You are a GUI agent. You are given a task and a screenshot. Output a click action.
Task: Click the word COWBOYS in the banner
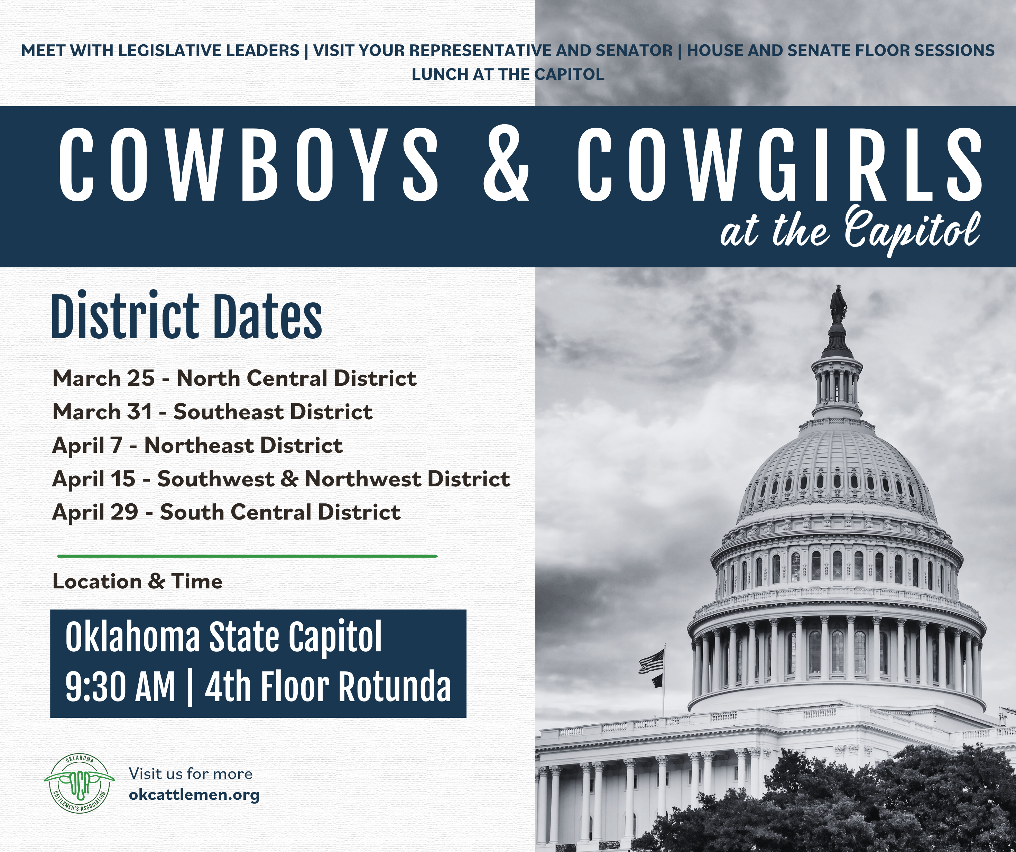tap(249, 165)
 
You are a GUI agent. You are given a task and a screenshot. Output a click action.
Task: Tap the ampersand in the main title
tap(506, 165)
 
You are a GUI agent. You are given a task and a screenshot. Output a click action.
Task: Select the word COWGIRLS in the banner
tap(779, 165)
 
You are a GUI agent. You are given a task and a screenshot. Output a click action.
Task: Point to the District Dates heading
tap(187, 315)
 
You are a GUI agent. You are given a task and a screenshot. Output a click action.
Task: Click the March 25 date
tap(103, 378)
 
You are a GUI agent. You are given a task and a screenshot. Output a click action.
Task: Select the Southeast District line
tap(212, 412)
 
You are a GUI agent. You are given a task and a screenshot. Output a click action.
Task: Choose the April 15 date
tap(94, 479)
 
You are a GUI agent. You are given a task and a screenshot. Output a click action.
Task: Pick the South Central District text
tap(280, 512)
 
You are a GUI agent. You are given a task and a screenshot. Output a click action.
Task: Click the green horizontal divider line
tap(247, 556)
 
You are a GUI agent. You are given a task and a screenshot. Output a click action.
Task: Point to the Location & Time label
tap(137, 581)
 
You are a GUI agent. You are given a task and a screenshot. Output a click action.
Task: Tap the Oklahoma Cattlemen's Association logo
tap(79, 784)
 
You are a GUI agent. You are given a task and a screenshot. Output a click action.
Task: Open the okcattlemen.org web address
tap(194, 795)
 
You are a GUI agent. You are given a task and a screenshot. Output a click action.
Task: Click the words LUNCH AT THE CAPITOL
tap(508, 75)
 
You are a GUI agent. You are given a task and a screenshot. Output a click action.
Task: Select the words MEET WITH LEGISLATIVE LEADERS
tap(160, 51)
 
